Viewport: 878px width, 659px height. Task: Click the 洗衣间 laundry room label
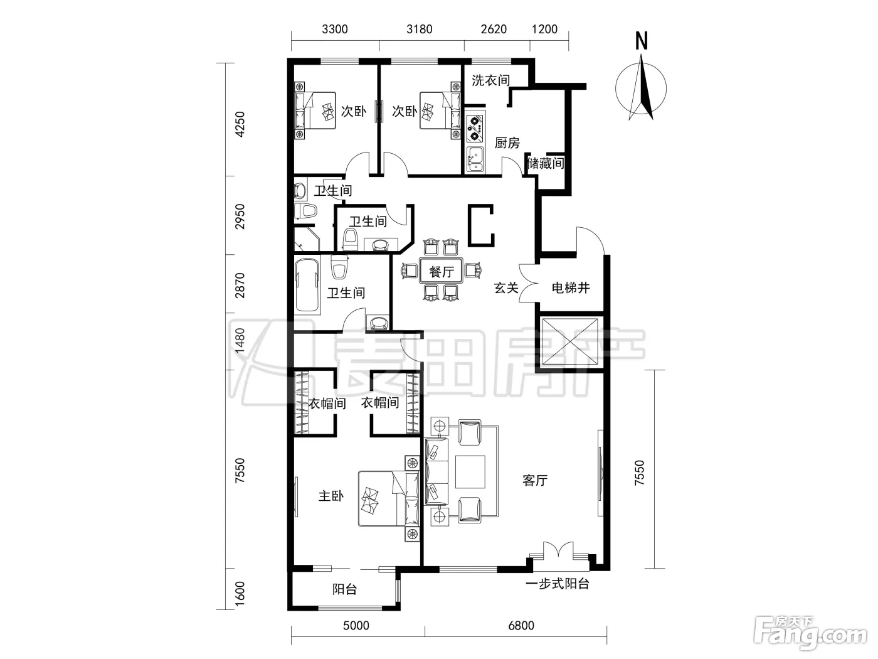click(x=490, y=80)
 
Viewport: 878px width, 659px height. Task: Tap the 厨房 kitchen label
click(x=507, y=143)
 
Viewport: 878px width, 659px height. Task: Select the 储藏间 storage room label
click(x=546, y=163)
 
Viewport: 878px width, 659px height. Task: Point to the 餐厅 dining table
click(x=442, y=271)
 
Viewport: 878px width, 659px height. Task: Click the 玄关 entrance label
click(x=506, y=287)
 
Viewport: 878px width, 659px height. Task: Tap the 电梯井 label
click(x=571, y=287)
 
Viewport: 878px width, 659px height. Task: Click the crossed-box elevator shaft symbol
click(x=569, y=342)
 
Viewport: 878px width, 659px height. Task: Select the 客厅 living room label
click(x=535, y=480)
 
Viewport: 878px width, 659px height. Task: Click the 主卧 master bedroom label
click(x=331, y=496)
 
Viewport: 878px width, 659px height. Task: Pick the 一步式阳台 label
click(x=557, y=584)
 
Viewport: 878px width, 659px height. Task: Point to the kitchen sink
click(x=475, y=158)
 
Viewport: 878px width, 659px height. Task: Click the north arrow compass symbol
click(x=641, y=87)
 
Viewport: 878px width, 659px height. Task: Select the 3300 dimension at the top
click(x=335, y=29)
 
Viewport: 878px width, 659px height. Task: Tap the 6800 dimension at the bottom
click(x=521, y=625)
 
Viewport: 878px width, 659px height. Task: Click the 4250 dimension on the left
click(x=240, y=124)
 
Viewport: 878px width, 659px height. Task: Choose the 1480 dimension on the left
click(x=240, y=341)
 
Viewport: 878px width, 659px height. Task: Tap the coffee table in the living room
click(x=470, y=472)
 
